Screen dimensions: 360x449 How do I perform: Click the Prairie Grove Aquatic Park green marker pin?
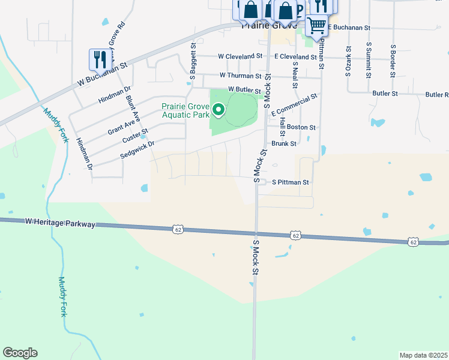coord(218,110)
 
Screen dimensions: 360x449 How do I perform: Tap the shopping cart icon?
coord(316,25)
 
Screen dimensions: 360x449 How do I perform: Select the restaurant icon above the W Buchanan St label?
coord(100,59)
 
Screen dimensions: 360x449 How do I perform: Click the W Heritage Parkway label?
coord(60,223)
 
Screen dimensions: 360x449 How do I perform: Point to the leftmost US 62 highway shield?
coord(177,229)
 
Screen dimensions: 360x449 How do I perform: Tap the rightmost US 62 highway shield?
coord(412,242)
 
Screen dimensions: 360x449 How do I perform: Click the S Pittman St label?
coord(290,182)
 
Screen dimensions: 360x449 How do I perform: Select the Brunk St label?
coord(284,143)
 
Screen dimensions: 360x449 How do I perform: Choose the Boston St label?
coord(301,127)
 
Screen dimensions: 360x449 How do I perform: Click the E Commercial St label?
coord(294,105)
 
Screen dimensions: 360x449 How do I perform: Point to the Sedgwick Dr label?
coord(137,149)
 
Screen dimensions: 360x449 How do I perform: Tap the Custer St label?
coord(134,136)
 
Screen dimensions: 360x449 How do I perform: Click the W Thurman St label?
coord(241,76)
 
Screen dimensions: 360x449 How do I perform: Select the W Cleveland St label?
coord(240,56)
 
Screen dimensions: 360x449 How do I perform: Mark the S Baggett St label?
coord(193,61)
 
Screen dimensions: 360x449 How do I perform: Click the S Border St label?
coord(393,60)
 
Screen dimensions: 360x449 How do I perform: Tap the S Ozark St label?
coord(348,61)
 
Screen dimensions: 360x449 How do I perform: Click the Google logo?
coord(20,353)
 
